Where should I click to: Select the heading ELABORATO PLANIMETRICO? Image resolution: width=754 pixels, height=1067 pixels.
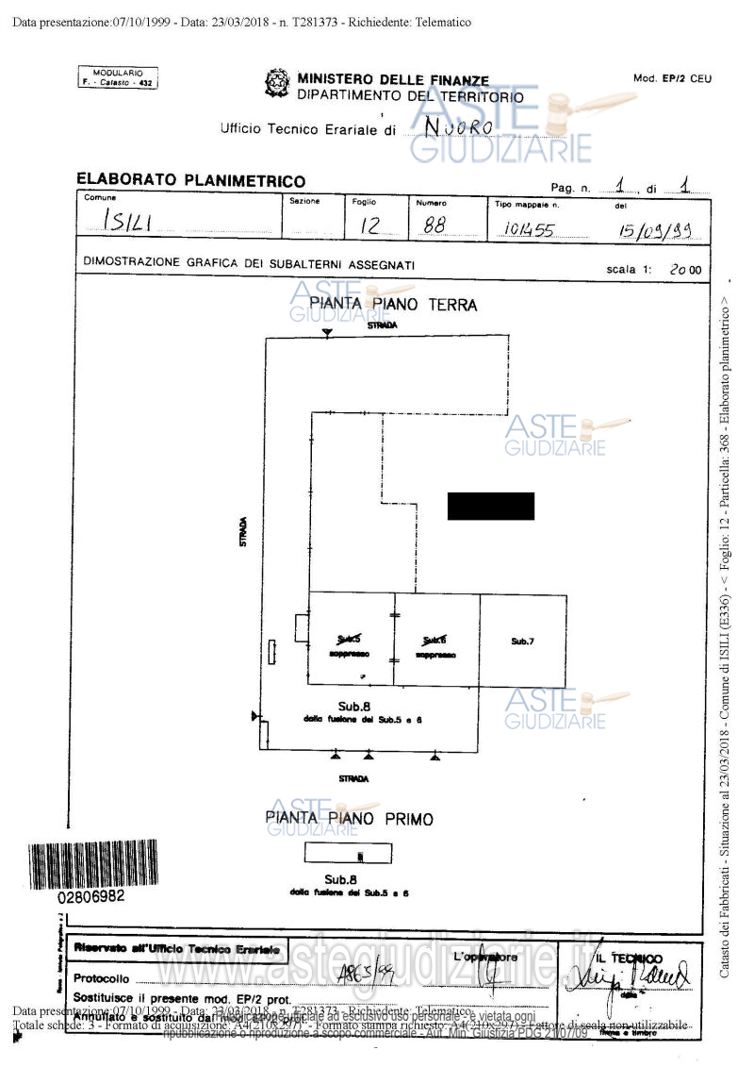[190, 180]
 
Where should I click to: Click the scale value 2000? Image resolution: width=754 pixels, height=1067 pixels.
[685, 269]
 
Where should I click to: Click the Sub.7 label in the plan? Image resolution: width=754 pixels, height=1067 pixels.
[522, 642]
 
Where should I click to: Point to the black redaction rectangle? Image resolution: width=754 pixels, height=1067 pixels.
[490, 506]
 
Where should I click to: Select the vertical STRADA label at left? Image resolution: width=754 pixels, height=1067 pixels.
[243, 533]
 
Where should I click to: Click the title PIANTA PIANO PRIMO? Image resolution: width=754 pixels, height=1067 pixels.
[349, 819]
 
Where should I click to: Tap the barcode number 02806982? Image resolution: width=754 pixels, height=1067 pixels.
[91, 896]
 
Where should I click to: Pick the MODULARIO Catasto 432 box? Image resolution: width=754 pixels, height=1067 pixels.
[118, 78]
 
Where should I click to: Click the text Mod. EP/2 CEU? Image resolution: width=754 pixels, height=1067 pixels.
[672, 78]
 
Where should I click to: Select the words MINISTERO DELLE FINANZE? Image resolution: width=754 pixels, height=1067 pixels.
[393, 81]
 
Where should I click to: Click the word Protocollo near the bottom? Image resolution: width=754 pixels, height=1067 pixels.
[101, 978]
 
